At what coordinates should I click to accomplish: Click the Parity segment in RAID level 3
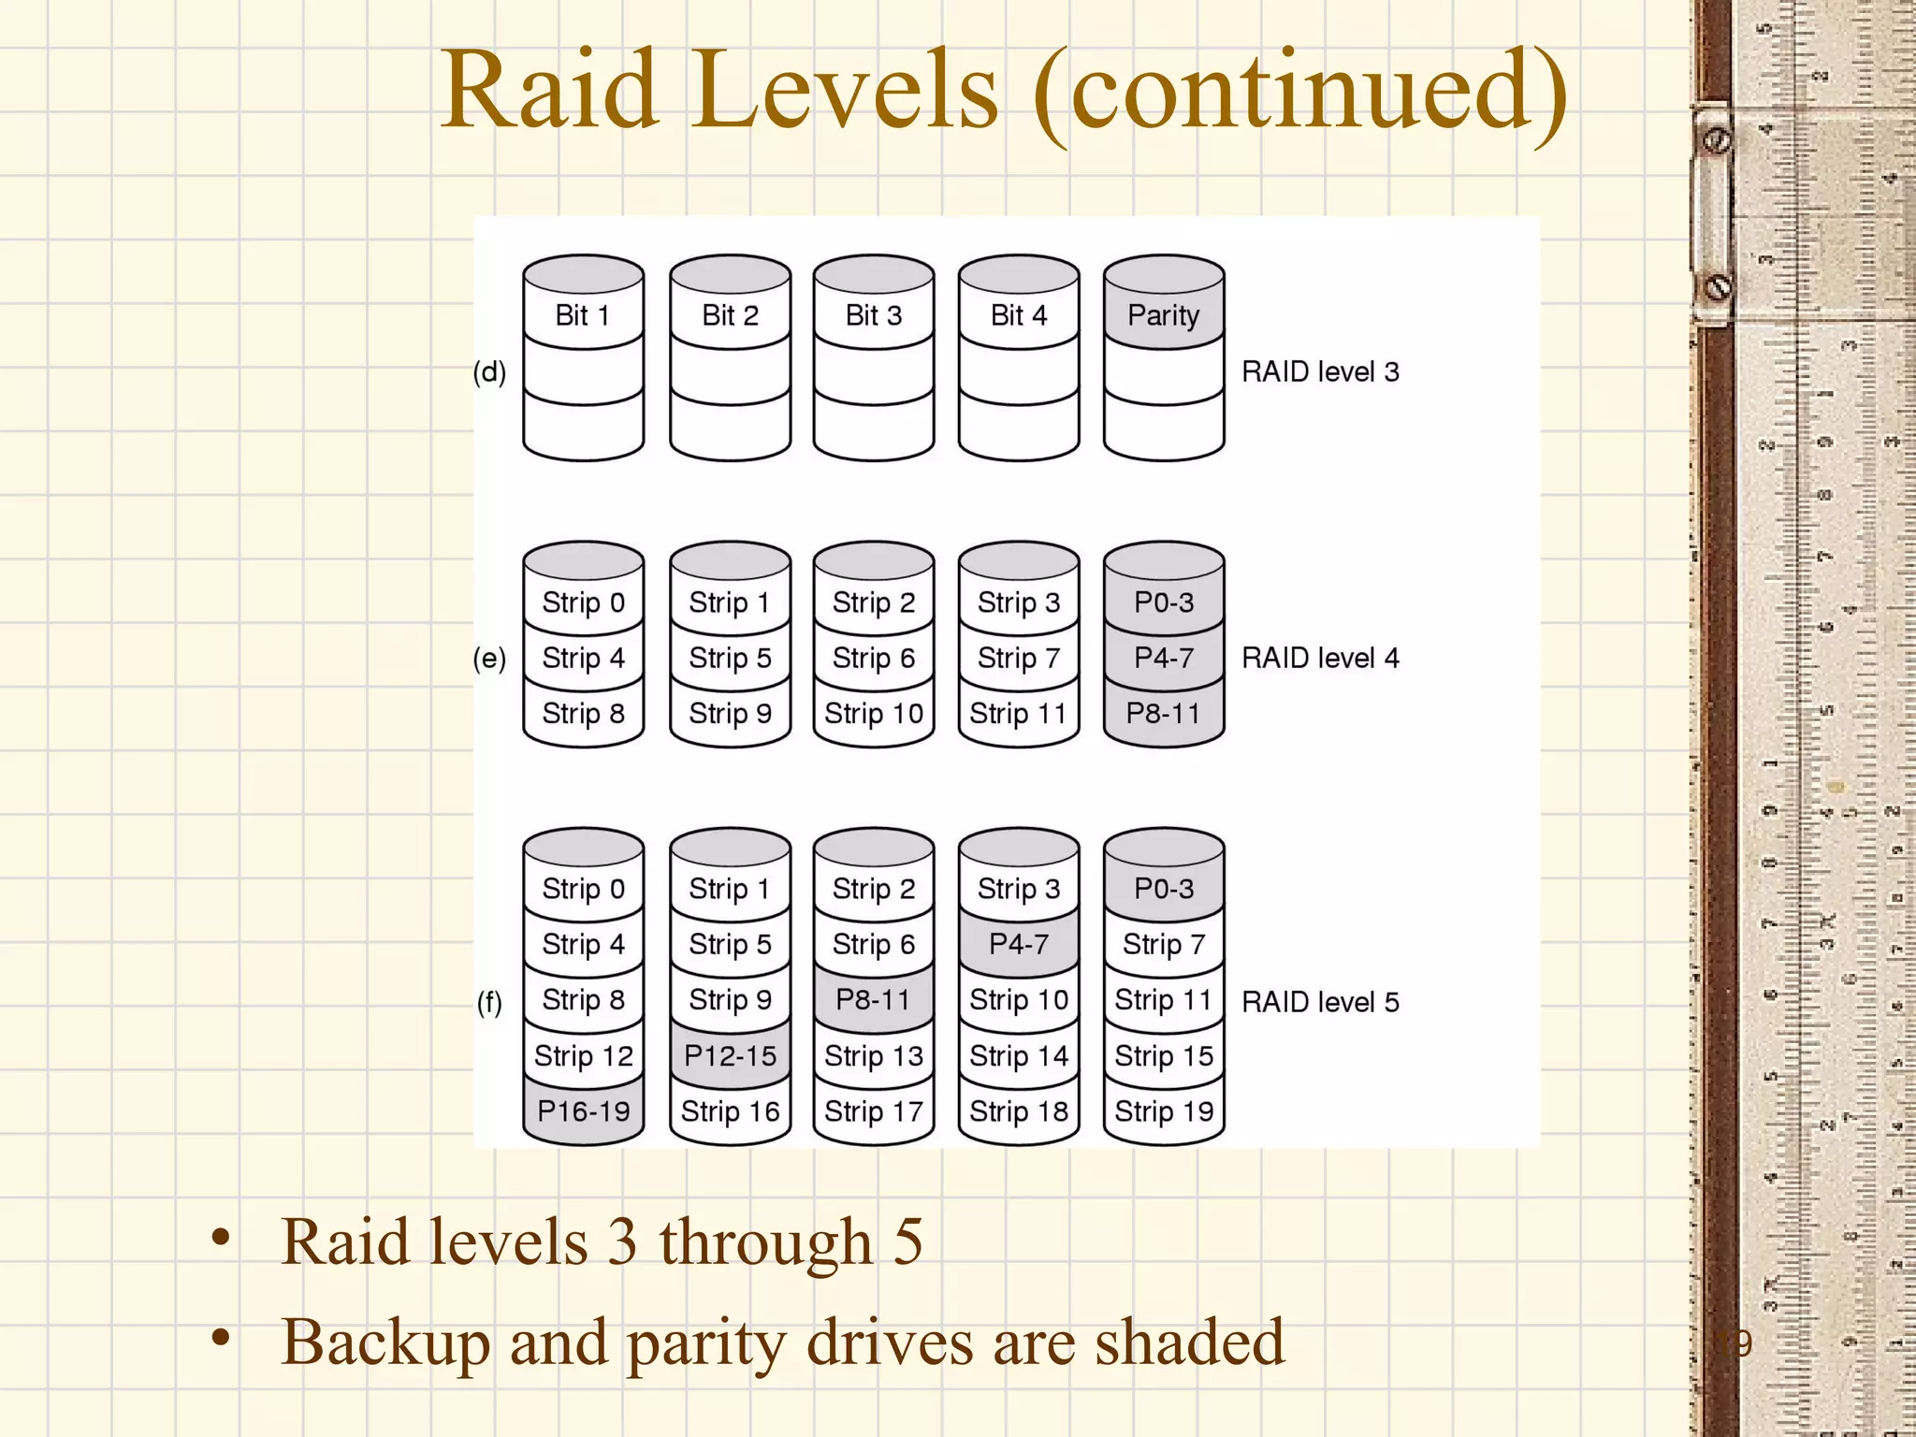click(1163, 316)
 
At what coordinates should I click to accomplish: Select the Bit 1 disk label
click(582, 316)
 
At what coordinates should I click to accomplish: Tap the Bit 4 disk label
click(1018, 316)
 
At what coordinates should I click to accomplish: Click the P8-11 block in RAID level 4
click(1163, 714)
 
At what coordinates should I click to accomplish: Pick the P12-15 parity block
click(730, 1056)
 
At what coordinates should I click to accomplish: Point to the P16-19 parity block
click(583, 1111)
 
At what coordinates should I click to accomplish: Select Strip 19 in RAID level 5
click(1163, 1111)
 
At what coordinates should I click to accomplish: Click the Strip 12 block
click(583, 1056)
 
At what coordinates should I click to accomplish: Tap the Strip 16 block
click(730, 1111)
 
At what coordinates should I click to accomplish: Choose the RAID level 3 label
click(1320, 372)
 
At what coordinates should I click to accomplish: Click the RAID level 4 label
click(1320, 659)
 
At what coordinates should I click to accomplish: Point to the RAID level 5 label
click(1320, 1003)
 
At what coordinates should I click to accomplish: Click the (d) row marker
click(489, 372)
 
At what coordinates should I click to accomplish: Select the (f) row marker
click(489, 1003)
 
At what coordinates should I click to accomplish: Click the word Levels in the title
click(846, 92)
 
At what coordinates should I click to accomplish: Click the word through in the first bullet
click(766, 1242)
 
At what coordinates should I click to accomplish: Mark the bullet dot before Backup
click(221, 1339)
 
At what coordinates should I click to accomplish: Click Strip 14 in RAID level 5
click(1018, 1056)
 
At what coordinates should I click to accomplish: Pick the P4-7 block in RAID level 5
click(1018, 945)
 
